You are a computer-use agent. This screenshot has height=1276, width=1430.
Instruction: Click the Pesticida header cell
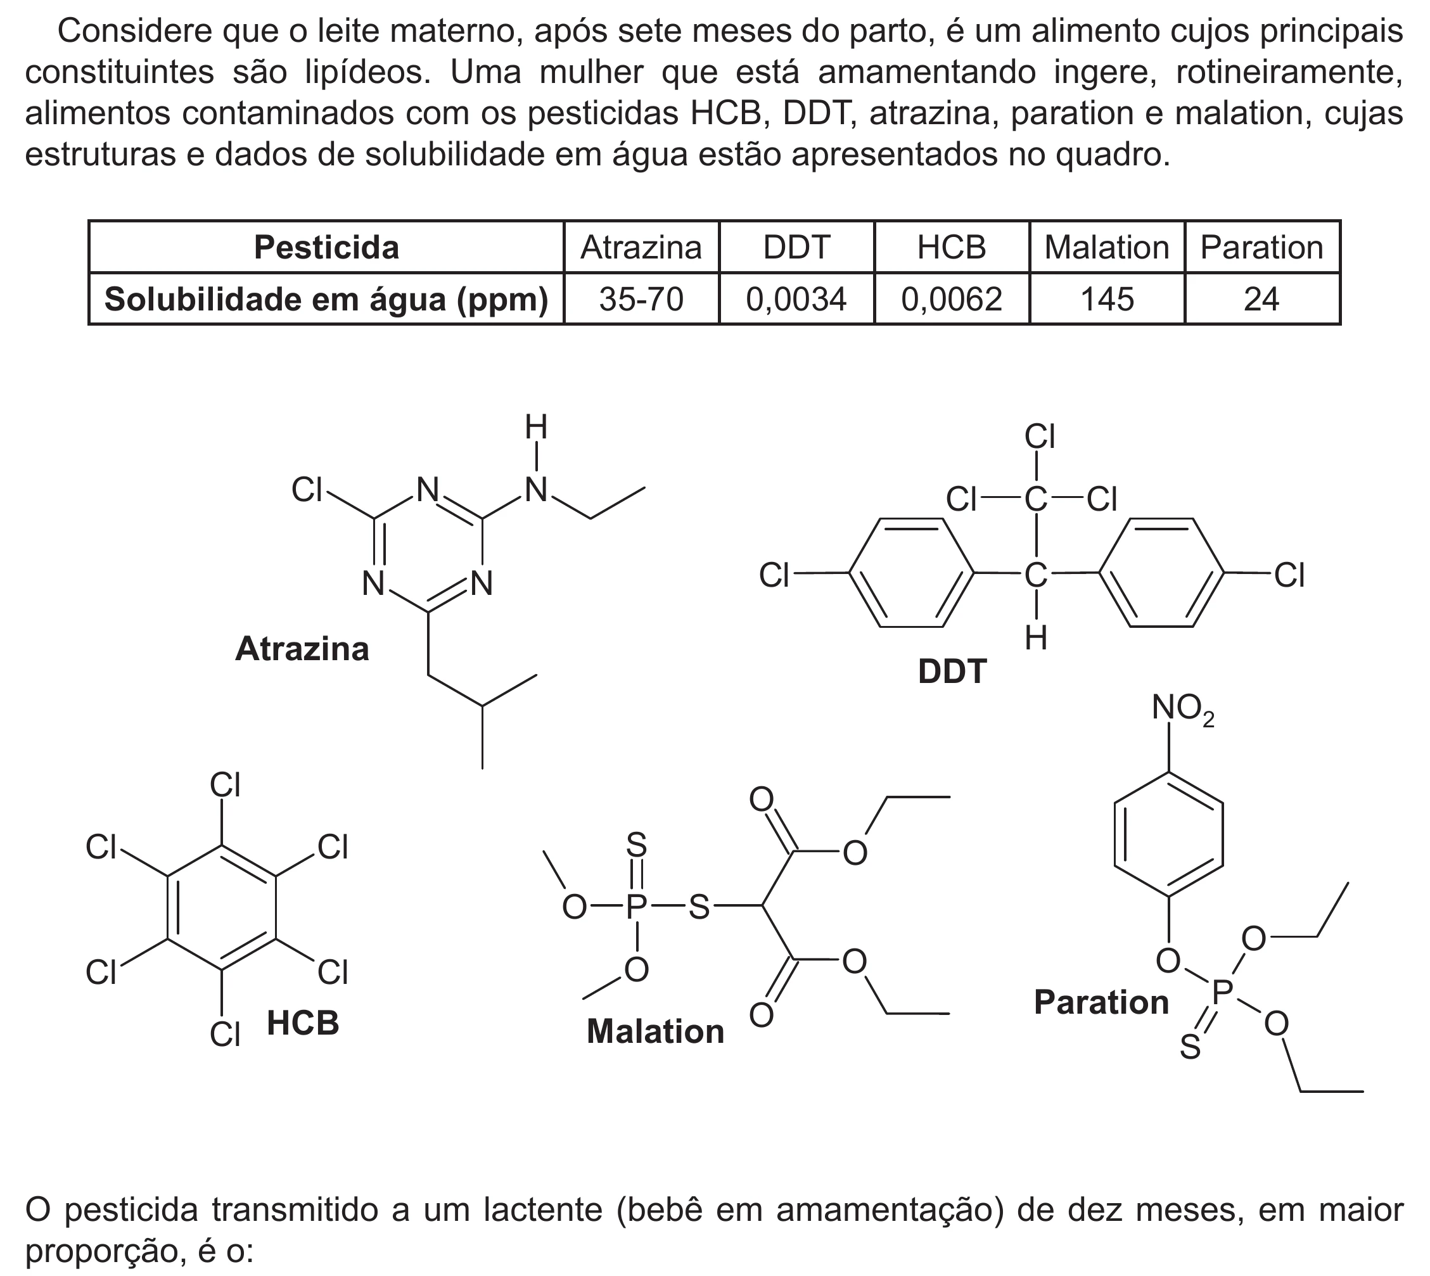tap(327, 248)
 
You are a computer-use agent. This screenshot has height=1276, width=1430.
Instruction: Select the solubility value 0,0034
tap(796, 300)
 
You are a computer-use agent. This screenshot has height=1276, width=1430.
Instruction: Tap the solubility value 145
tap(1107, 300)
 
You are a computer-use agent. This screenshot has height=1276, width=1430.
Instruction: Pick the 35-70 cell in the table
tap(641, 300)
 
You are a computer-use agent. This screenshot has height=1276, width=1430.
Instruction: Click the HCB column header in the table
tap(952, 248)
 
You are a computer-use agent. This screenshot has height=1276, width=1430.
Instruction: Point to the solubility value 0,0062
tap(952, 300)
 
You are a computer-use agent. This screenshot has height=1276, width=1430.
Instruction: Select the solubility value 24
tap(1261, 300)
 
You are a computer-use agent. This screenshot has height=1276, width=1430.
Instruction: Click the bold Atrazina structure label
tap(302, 649)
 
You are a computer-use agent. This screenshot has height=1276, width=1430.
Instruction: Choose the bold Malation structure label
tap(655, 1032)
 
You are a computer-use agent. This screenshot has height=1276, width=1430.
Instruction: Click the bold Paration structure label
tap(1101, 1002)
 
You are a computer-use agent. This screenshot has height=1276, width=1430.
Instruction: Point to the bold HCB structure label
tap(303, 1024)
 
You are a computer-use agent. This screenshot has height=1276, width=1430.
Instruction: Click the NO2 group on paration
tap(1184, 709)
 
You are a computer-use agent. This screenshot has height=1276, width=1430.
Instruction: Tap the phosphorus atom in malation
tap(635, 907)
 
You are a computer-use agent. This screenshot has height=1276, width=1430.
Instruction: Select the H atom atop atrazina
tap(536, 428)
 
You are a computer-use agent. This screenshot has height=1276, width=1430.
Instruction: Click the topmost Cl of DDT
tap(1040, 437)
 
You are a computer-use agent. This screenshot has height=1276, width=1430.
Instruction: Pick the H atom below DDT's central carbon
tap(1036, 639)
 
